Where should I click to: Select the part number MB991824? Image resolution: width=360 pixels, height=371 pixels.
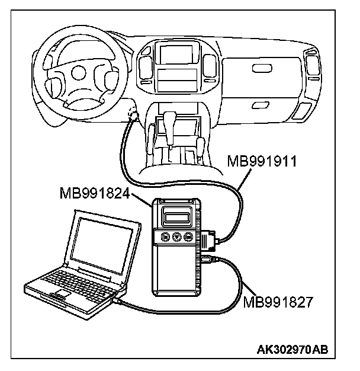pyautogui.click(x=95, y=194)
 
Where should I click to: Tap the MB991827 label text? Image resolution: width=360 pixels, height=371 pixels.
pyautogui.click(x=277, y=302)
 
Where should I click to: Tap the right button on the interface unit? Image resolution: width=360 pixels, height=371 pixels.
pyautogui.click(x=188, y=236)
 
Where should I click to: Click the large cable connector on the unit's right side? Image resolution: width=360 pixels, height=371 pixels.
pyautogui.click(x=208, y=241)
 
